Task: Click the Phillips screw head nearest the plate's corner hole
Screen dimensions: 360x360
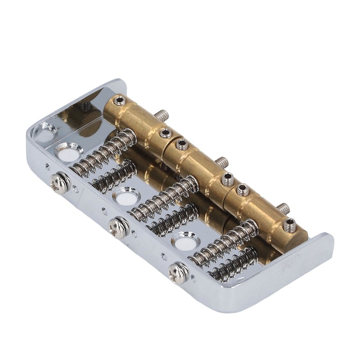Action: tap(60, 182)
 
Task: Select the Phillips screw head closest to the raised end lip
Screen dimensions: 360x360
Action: tap(178, 272)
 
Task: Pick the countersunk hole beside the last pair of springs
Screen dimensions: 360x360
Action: tap(185, 241)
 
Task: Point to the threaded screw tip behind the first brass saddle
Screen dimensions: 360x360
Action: tap(162, 116)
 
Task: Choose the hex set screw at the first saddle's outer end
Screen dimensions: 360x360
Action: tap(120, 101)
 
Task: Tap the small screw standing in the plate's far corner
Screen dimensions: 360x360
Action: tap(85, 107)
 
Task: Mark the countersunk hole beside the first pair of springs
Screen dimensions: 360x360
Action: tap(68, 152)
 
